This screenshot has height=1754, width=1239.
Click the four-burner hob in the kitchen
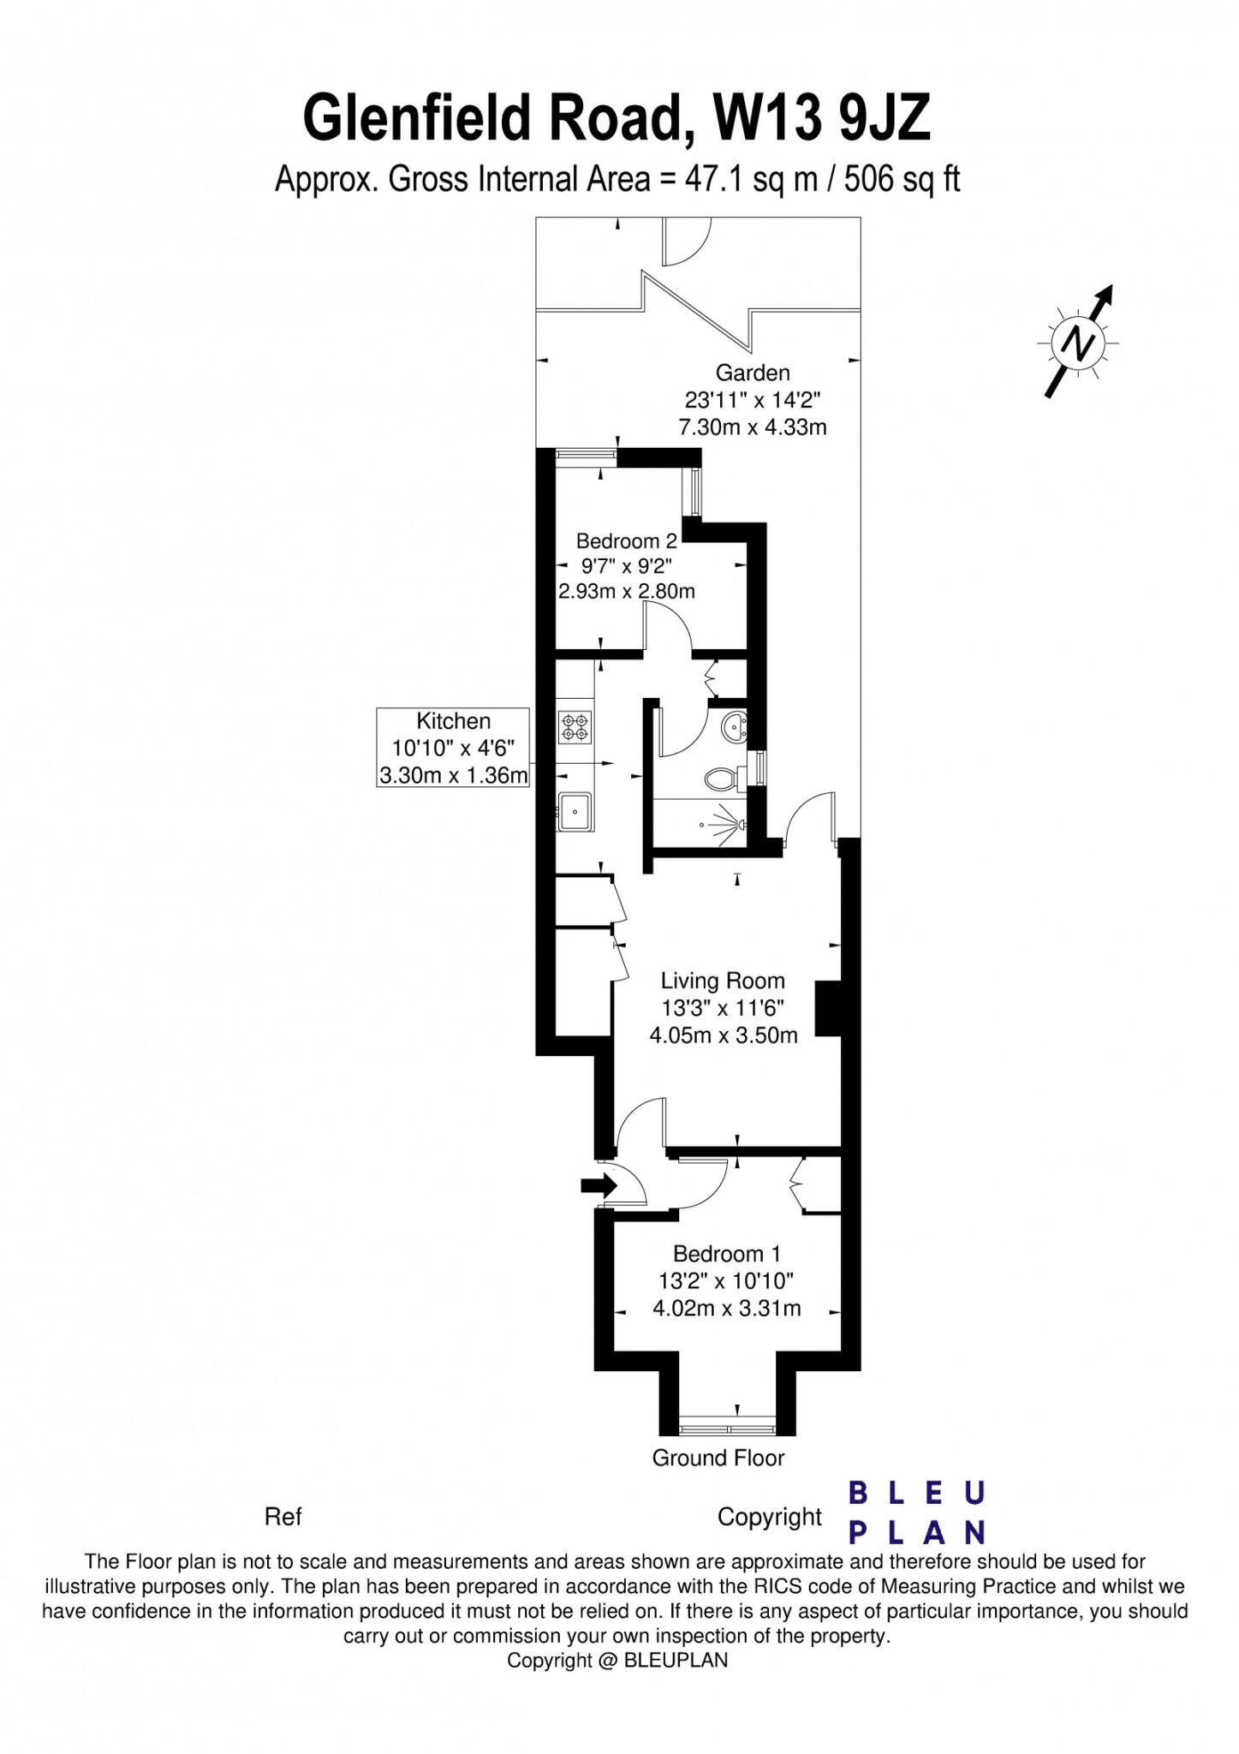[x=574, y=727]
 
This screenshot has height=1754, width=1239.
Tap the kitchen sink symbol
[x=574, y=809]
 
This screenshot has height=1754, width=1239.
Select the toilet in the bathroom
[x=722, y=779]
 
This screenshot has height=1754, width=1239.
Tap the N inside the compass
[x=1077, y=344]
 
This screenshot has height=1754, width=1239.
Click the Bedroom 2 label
[x=626, y=540]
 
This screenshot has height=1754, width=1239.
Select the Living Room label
[x=722, y=981]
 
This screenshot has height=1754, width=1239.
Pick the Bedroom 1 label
[x=726, y=1254]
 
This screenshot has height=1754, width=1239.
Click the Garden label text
[x=752, y=373]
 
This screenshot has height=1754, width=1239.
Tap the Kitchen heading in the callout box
[x=453, y=721]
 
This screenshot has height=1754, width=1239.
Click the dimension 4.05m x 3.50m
[x=723, y=1035]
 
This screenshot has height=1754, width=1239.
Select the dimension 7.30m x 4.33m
[x=752, y=427]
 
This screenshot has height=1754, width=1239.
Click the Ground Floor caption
[x=718, y=1458]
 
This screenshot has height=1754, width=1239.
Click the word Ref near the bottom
[x=283, y=1517]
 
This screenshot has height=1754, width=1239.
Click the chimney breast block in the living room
[x=827, y=1009]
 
